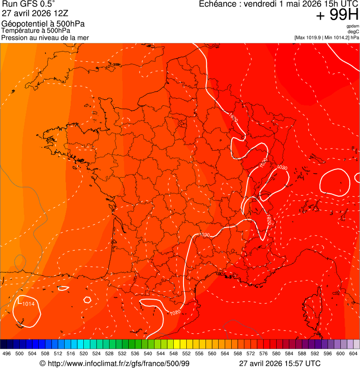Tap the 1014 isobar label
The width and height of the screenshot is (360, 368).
point(29,304)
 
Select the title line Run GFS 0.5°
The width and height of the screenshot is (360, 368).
point(29,5)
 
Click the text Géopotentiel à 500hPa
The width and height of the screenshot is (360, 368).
point(43,24)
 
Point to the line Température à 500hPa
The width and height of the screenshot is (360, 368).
point(36,31)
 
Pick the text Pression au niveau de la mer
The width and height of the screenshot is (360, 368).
point(45,37)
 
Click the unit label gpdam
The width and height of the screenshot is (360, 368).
point(353,26)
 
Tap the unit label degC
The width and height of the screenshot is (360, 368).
point(353,32)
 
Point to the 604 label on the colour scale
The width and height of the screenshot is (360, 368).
point(353,353)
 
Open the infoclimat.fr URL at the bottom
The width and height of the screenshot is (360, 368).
point(115,363)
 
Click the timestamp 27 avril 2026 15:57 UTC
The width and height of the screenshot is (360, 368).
point(279,363)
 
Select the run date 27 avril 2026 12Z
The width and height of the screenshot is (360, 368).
point(30,13)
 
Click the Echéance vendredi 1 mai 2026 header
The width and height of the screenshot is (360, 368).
point(279,4)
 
